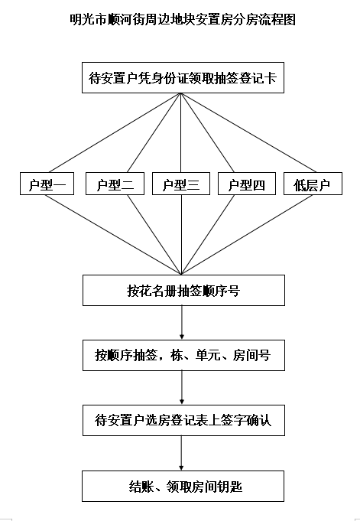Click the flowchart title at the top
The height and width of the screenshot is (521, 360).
(183, 19)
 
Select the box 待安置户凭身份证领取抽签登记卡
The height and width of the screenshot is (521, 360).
(183, 78)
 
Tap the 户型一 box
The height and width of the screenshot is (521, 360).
(47, 184)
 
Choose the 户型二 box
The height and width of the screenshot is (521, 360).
(115, 184)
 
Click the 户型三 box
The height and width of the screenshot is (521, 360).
(181, 184)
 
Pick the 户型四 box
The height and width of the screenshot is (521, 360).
(247, 184)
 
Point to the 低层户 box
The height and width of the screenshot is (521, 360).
(313, 184)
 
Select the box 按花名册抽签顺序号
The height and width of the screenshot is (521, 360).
(183, 290)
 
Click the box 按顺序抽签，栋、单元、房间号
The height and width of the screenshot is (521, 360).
(183, 355)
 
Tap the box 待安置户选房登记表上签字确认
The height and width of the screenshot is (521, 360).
(183, 420)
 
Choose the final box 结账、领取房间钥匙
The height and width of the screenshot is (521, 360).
(183, 486)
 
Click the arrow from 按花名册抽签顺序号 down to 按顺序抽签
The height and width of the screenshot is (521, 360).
(182, 323)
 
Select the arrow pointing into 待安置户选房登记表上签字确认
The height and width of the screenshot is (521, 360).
(182, 388)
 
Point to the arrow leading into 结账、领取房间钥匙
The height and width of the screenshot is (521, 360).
(181, 453)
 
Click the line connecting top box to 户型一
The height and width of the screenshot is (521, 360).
(115, 133)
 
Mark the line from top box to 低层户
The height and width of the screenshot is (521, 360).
(248, 133)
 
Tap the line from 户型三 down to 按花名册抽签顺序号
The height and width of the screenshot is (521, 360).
(181, 235)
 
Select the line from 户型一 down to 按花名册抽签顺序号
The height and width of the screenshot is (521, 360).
(113, 235)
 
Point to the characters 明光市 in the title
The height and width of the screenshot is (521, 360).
(89, 19)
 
